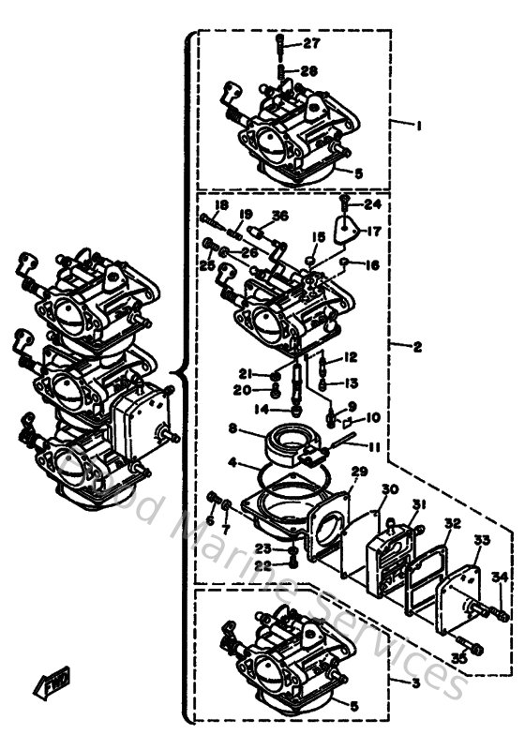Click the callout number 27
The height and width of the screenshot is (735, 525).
311,44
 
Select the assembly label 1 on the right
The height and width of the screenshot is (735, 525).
421,125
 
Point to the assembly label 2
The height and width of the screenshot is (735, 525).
418,346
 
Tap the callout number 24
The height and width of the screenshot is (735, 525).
372,203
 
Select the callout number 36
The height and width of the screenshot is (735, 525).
279,217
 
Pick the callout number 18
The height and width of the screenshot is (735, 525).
221,205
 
